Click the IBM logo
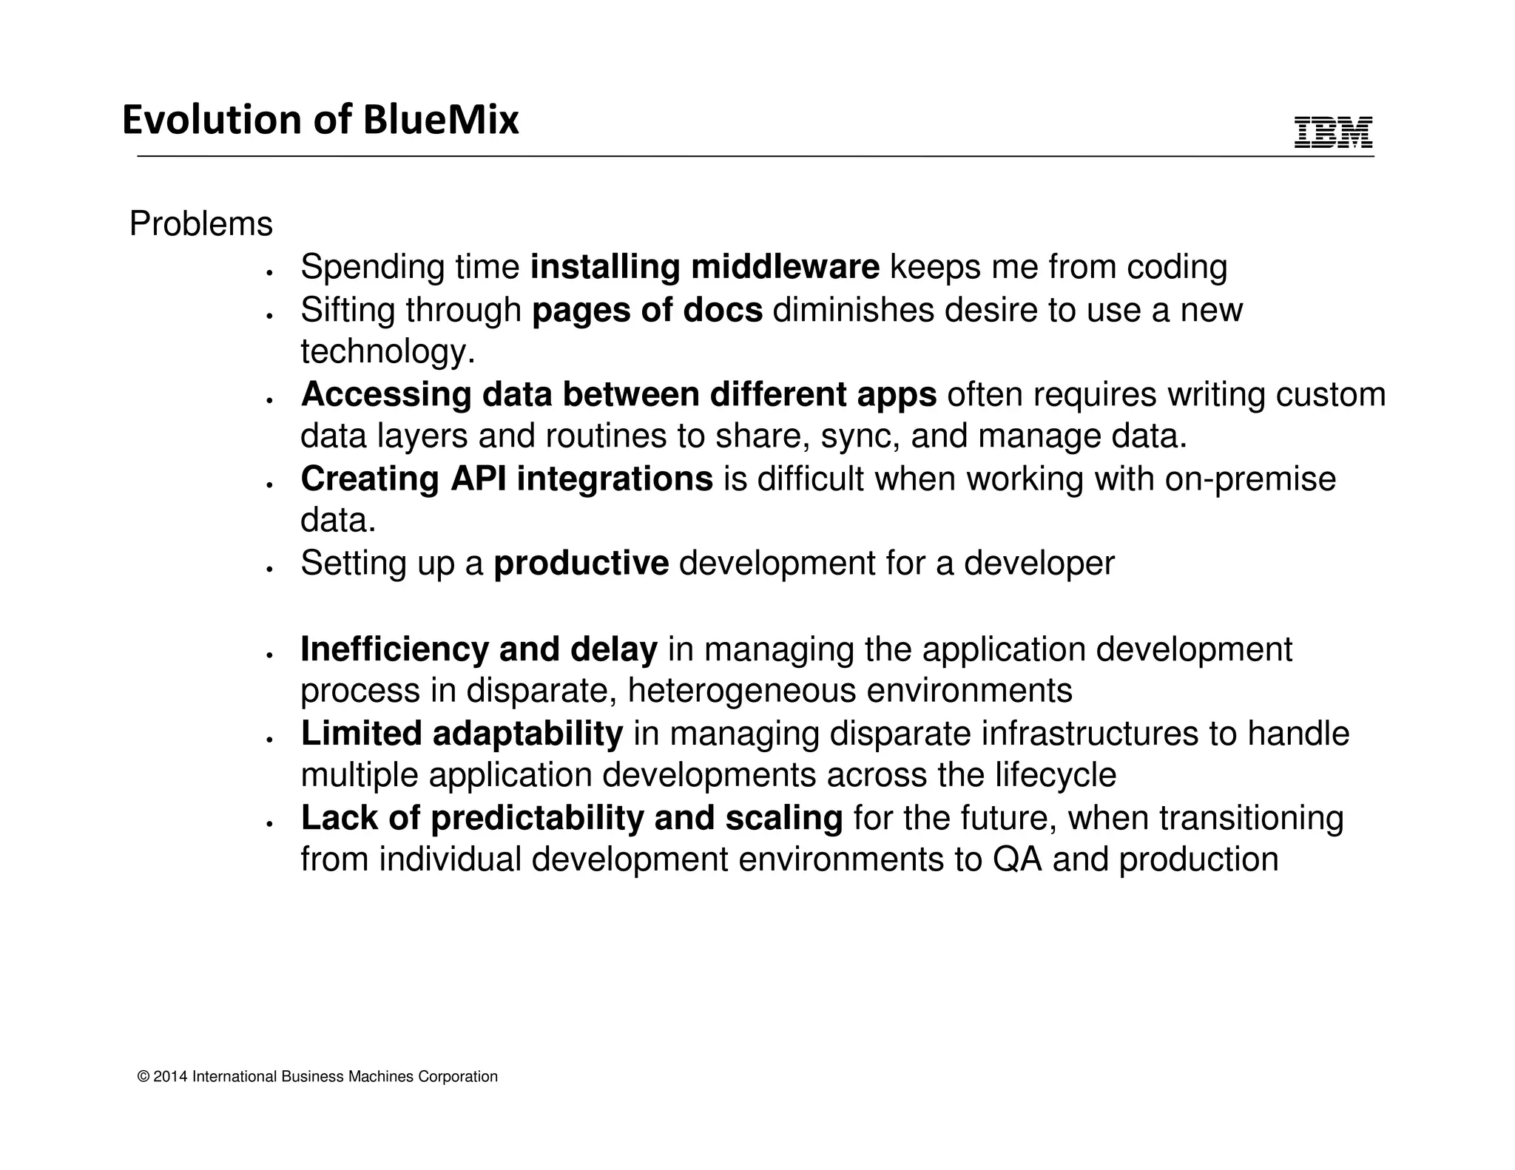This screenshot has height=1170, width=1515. [x=1333, y=133]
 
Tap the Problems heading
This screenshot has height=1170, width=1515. [x=200, y=224]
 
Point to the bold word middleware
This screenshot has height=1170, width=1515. [x=785, y=267]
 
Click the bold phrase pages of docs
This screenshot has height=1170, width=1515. [x=647, y=310]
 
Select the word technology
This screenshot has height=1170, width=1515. [x=387, y=351]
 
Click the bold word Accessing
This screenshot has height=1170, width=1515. [x=386, y=394]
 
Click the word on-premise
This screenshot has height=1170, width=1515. [x=1250, y=479]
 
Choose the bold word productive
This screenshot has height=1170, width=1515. [x=581, y=564]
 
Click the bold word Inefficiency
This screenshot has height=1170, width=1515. [x=394, y=649]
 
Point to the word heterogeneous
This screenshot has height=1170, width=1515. [x=741, y=691]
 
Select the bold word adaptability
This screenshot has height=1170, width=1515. [x=527, y=734]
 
